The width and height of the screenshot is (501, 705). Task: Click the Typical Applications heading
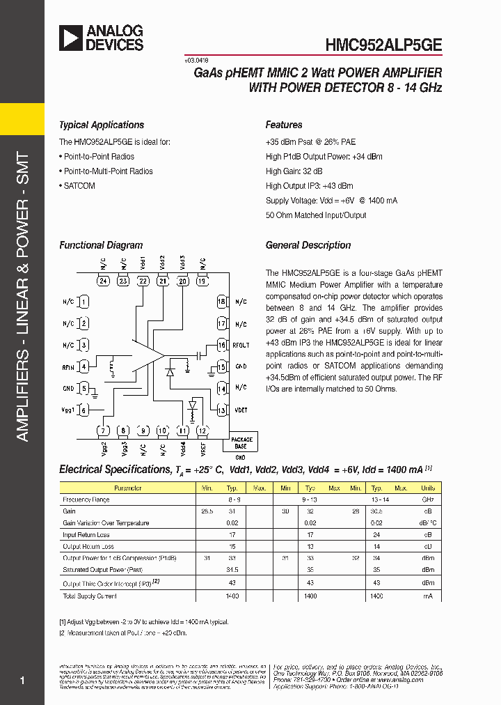coord(102,125)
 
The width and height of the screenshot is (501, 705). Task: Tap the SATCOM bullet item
coord(79,186)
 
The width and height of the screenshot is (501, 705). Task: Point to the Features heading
coord(284,125)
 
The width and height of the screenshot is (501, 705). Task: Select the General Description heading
coord(308,245)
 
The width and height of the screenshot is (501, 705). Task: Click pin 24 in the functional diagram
coord(104,281)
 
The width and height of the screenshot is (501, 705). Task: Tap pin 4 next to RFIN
coord(83,366)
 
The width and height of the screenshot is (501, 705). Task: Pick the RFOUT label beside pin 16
coord(241,345)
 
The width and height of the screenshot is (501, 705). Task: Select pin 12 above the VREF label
coord(202,431)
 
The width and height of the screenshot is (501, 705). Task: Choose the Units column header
coord(427,488)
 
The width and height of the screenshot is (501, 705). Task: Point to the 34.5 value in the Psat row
coord(232,570)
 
